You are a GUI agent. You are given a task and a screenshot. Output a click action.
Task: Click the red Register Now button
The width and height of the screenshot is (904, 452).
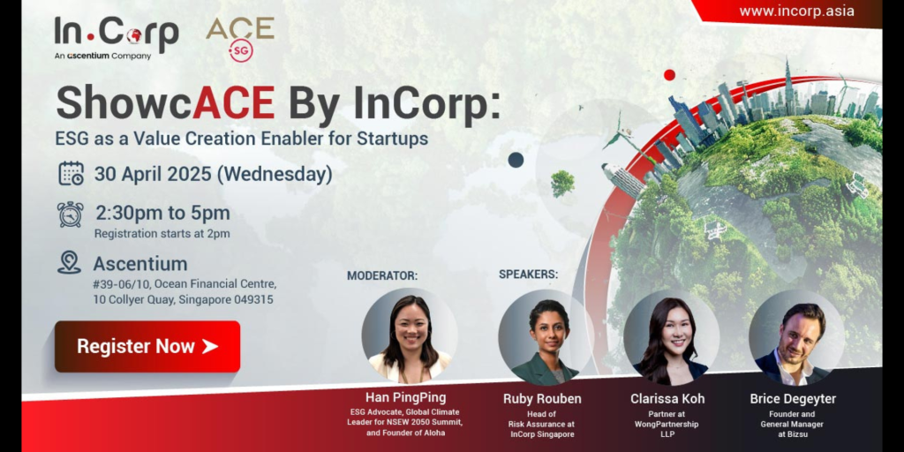[x=147, y=346]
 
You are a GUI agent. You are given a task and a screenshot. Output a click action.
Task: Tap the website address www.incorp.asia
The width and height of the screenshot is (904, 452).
[x=797, y=11]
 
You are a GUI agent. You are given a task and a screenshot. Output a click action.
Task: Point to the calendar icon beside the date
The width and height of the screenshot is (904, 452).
[x=71, y=174]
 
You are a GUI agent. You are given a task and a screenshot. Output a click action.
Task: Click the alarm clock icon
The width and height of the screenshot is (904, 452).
[x=71, y=215]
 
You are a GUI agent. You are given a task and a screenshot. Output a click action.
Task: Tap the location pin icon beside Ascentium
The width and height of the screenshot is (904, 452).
[x=69, y=262]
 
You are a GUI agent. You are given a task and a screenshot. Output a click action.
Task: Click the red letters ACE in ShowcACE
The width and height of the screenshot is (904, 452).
[x=233, y=103]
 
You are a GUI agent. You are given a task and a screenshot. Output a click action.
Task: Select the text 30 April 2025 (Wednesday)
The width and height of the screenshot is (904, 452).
[x=214, y=174]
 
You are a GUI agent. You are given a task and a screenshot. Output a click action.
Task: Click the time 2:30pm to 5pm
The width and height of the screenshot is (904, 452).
[x=162, y=214]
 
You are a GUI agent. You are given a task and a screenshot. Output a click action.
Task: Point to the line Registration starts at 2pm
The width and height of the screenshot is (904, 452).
[x=162, y=233]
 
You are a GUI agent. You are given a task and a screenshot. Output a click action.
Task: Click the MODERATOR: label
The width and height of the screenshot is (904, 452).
[x=381, y=276]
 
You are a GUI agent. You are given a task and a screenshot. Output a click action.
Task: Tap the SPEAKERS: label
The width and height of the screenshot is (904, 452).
[x=528, y=275]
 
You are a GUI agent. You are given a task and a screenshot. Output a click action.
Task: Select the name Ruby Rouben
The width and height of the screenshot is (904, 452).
[x=542, y=398]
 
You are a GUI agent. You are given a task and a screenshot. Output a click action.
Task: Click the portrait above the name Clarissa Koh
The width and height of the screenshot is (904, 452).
[x=671, y=337]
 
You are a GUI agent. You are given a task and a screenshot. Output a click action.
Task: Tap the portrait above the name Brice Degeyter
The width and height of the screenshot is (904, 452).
[x=796, y=337]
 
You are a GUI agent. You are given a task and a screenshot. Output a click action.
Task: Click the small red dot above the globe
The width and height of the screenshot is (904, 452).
[x=669, y=74]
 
